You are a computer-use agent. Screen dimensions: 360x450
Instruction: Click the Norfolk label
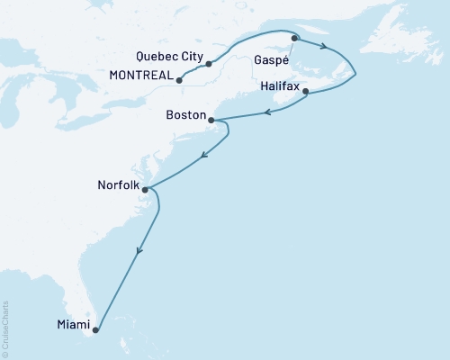[x=117, y=186]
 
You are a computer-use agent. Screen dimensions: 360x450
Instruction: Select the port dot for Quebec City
[x=209, y=64]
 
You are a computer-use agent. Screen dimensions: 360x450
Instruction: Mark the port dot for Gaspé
[x=294, y=38]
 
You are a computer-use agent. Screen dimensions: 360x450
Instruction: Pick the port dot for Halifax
[x=306, y=92]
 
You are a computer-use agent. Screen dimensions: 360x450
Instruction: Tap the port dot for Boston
[x=211, y=120]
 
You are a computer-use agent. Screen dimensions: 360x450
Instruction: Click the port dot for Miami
[x=95, y=329]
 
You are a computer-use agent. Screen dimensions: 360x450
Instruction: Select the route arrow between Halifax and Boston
[x=268, y=112]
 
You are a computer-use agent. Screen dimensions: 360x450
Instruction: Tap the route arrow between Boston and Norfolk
[x=204, y=155]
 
